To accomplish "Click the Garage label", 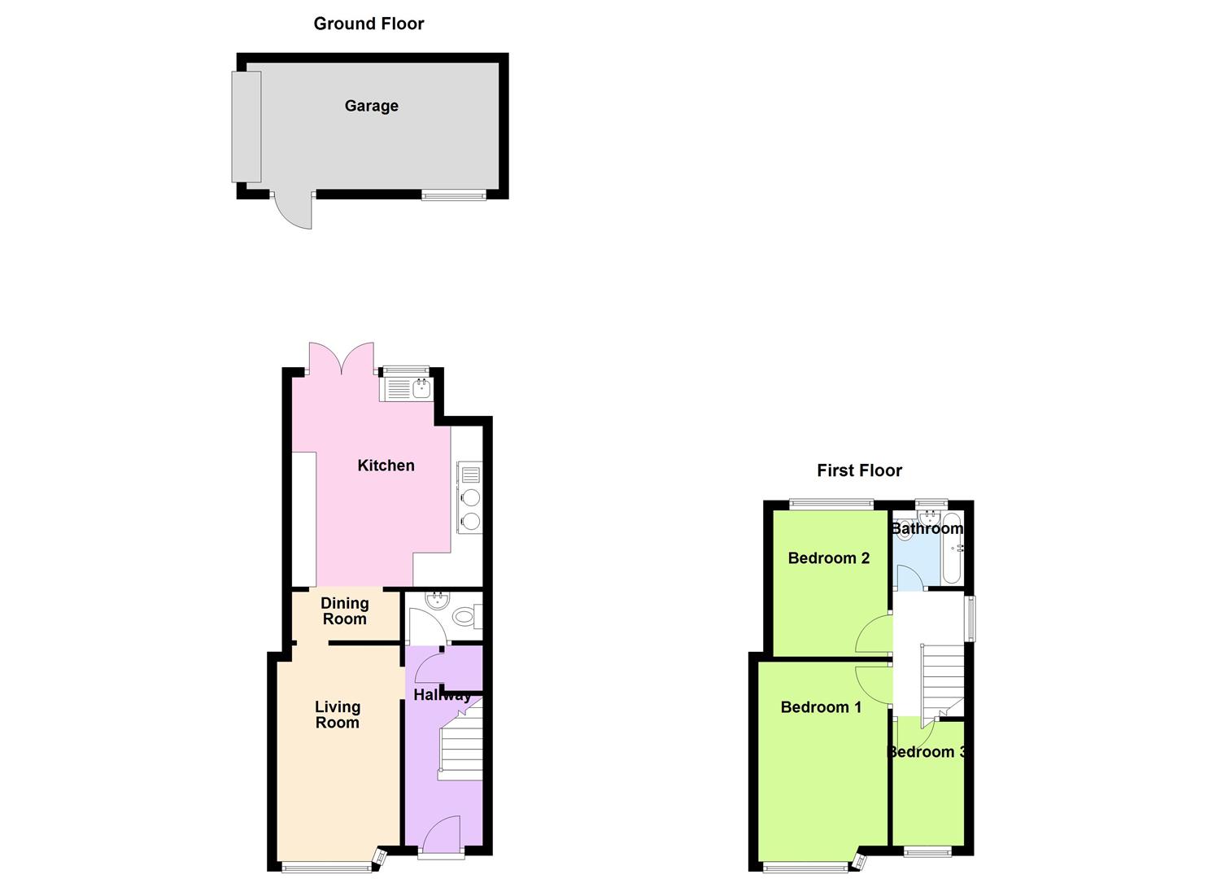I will point(371,106).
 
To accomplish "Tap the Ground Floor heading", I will point(369,24).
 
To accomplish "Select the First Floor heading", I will point(859,470).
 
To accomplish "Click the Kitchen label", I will point(386,466).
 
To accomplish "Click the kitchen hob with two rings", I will point(470,509).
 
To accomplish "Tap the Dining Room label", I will point(344,610).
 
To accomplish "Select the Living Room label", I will point(337,715).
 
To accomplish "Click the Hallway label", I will point(442,695).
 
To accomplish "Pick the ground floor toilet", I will point(464,618).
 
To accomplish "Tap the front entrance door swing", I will point(443,834).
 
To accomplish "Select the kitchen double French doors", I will point(342,357).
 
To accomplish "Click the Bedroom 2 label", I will point(828,558).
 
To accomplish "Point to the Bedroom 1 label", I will point(820,707).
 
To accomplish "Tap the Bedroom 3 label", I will point(926,752).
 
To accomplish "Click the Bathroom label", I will point(927,529).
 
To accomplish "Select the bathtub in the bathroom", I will point(953,549).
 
